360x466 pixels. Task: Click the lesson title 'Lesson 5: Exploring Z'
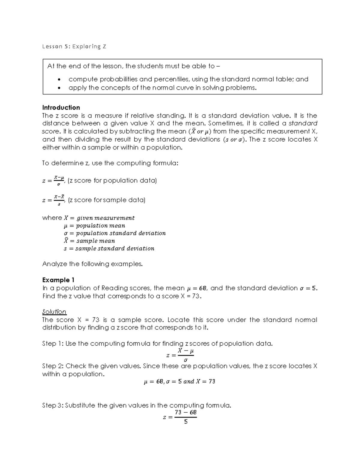tap(74, 47)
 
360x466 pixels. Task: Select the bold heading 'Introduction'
tap(61, 107)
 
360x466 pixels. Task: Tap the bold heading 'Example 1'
tap(58, 280)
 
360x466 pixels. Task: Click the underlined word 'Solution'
tap(54, 312)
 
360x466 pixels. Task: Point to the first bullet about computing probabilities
tap(188, 79)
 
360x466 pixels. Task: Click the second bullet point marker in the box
tap(60, 88)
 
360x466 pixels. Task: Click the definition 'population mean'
tap(100, 226)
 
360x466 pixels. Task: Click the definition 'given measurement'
tap(105, 218)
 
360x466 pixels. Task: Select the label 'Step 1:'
tap(53, 344)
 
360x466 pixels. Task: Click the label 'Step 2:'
tap(53, 366)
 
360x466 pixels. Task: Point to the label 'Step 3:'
tap(53, 406)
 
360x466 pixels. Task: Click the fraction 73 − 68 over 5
tap(186, 417)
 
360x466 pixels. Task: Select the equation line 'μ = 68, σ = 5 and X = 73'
tap(179, 382)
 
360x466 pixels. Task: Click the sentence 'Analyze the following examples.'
tap(92, 264)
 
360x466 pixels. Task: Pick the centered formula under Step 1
tap(180, 355)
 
